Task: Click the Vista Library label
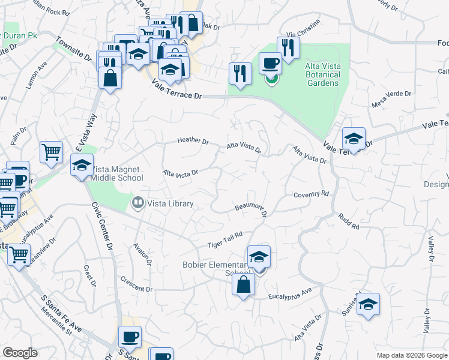171,204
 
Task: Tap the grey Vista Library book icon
138,203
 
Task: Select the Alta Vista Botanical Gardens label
315,75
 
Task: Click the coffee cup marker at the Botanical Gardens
270,63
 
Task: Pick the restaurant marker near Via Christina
288,47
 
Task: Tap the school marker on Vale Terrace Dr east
354,139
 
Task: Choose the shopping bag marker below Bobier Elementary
243,284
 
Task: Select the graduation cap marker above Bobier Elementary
259,256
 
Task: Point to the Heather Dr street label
193,142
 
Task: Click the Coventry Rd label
312,194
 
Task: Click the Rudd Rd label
348,221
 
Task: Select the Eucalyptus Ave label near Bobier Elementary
291,293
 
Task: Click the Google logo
20,353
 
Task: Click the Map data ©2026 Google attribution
411,355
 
